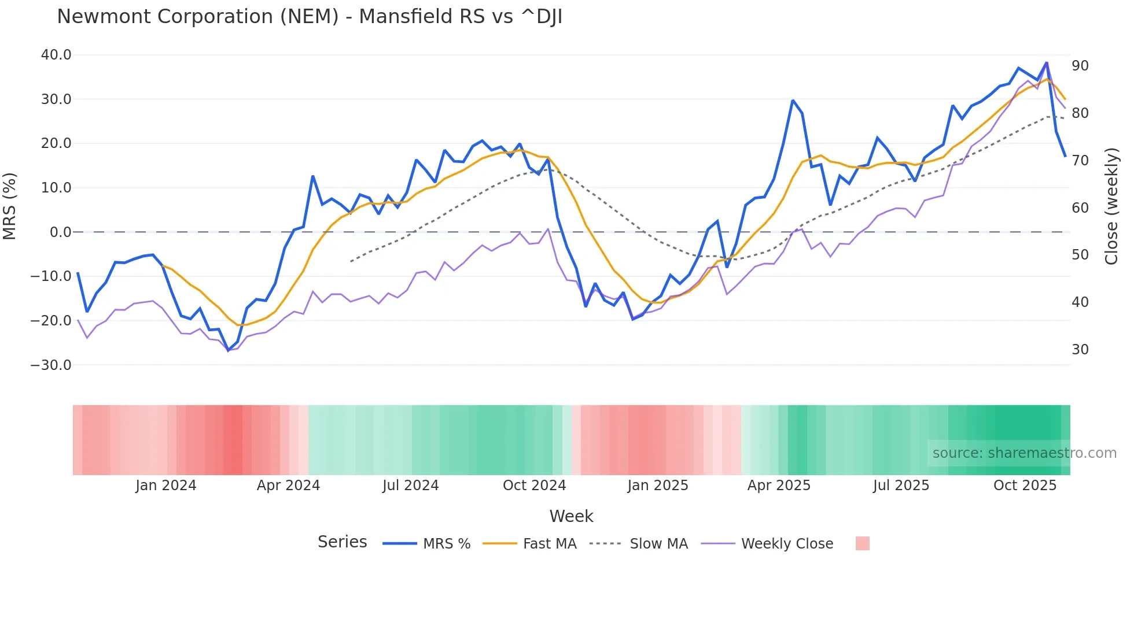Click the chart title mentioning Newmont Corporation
tap(309, 17)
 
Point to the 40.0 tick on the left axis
tap(56, 55)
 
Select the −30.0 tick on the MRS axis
tap(51, 365)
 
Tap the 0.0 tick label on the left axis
tap(60, 232)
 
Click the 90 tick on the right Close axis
tap(1080, 66)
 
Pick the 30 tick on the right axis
tap(1080, 349)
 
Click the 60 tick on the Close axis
tap(1080, 208)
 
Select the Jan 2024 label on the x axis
tap(166, 486)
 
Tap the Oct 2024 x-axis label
tap(534, 486)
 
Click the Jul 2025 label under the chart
tap(901, 486)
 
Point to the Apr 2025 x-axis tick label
tap(779, 486)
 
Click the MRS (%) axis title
tap(10, 206)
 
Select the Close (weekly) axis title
tap(1111, 206)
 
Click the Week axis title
tap(571, 516)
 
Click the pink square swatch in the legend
tap(862, 543)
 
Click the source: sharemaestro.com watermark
tap(1024, 453)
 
